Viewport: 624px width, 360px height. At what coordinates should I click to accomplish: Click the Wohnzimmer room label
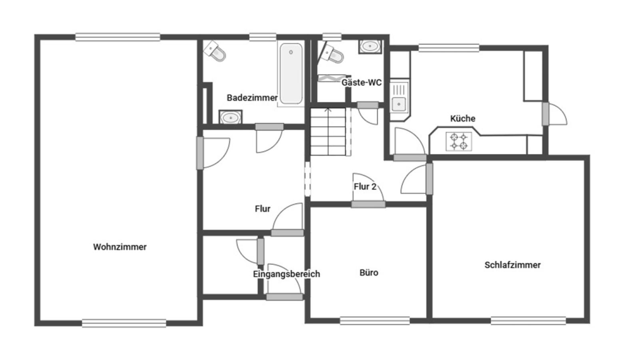click(120, 247)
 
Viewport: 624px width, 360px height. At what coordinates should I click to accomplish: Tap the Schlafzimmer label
click(512, 265)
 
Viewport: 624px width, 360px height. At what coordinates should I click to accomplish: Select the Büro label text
click(369, 272)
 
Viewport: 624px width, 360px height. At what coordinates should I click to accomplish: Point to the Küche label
click(463, 118)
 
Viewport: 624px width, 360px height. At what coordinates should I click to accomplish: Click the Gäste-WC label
click(362, 82)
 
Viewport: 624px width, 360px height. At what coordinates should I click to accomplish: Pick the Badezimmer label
click(252, 98)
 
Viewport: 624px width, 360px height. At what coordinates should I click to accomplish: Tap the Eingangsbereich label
click(286, 274)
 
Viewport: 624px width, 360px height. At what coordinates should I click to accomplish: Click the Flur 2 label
click(365, 186)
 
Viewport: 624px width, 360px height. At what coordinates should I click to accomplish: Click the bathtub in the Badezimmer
click(291, 74)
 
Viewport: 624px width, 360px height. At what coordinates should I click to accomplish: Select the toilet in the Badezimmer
click(215, 51)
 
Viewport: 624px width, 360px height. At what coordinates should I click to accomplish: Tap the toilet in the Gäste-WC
click(331, 54)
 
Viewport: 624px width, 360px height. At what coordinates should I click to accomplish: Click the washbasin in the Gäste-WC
click(370, 46)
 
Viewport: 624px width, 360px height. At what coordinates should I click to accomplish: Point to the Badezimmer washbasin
click(230, 117)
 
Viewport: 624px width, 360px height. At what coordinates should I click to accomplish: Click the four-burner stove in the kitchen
click(459, 141)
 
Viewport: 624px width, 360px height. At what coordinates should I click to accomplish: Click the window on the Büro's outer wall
click(375, 321)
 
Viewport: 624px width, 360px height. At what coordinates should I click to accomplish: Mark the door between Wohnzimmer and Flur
click(213, 153)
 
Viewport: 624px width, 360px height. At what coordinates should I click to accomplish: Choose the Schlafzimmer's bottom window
click(528, 321)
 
